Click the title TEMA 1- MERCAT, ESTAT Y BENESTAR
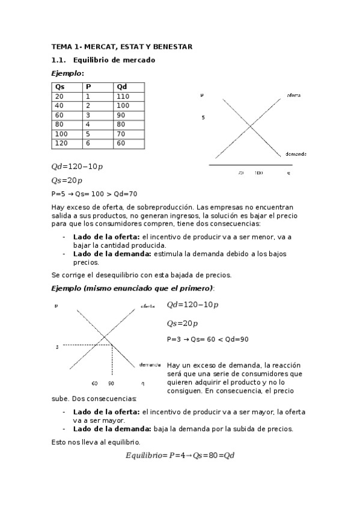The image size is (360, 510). (122, 46)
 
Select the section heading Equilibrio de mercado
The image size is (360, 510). (114, 60)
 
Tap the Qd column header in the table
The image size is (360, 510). (122, 87)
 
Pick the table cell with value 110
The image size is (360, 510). (123, 96)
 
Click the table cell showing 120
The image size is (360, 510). (61, 143)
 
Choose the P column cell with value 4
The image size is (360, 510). (88, 124)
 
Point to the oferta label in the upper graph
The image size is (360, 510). (294, 96)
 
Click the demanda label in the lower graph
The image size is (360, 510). (150, 365)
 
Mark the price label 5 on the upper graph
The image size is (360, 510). (203, 117)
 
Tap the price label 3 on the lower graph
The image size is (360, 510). (57, 347)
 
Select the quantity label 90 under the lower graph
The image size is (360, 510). (111, 383)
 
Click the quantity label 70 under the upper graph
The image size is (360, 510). (240, 173)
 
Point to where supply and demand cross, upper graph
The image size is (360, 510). (251, 125)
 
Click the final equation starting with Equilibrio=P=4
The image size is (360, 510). (180, 455)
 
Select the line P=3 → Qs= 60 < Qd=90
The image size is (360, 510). (208, 339)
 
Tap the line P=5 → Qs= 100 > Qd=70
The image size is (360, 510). (94, 194)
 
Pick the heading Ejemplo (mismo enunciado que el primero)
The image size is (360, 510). (132, 288)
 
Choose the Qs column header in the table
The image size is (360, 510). (59, 87)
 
